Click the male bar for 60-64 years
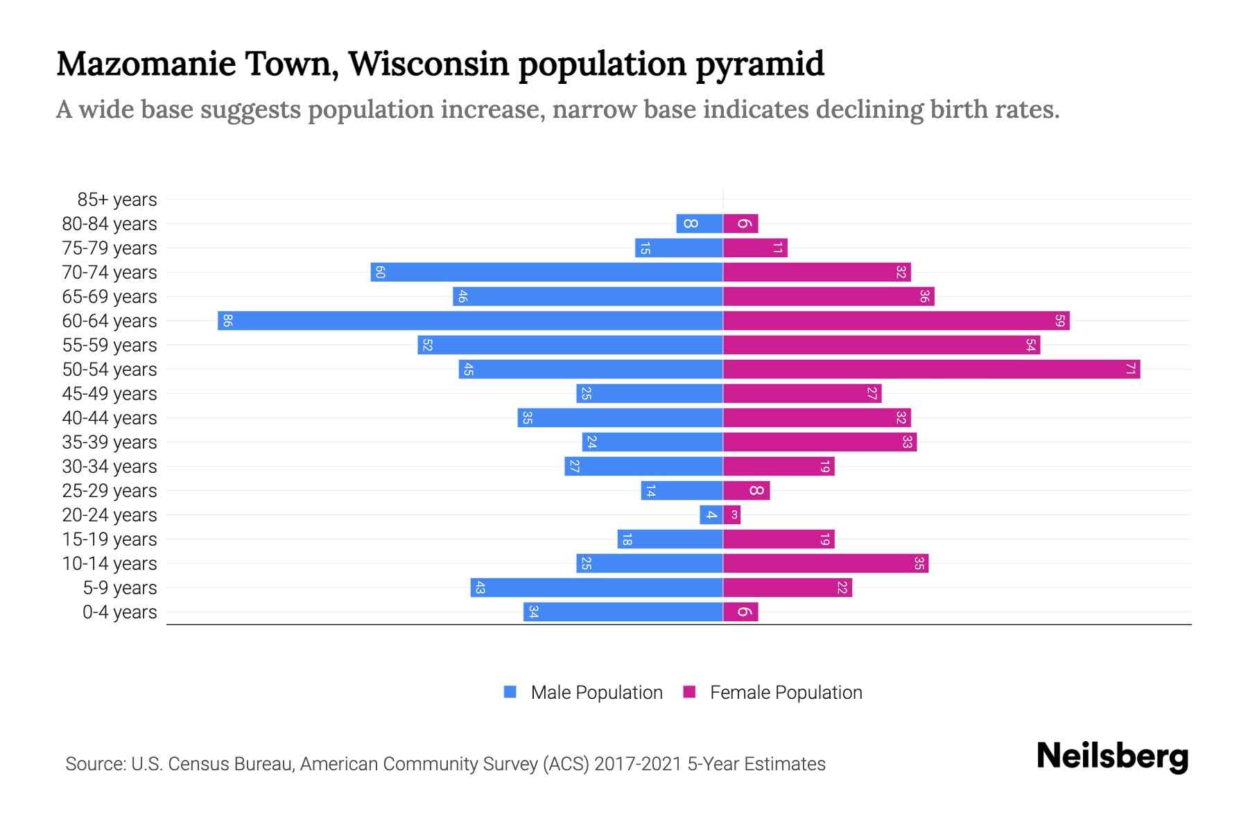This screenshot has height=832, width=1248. pos(470,320)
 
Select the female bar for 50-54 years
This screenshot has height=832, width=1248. pos(931,369)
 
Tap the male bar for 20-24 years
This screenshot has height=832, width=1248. pos(711,514)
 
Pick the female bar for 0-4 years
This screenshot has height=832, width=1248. pos(740,612)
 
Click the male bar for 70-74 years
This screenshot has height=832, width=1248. pos(546,272)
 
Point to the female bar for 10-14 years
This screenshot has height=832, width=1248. pos(825,563)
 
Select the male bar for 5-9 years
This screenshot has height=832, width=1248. pos(596,587)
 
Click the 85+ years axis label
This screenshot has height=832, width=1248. pos(116,200)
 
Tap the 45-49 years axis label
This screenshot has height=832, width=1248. pos(110,394)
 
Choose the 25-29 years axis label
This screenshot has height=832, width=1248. pos(110,491)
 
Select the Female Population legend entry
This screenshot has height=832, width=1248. pos(772,692)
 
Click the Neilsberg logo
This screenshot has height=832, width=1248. pos(1112,756)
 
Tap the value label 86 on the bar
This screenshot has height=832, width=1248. pos(227,320)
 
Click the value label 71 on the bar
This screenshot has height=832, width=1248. pos(1130,369)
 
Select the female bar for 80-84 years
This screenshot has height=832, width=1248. pos(740,223)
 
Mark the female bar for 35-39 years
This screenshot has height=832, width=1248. pos(820,442)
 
